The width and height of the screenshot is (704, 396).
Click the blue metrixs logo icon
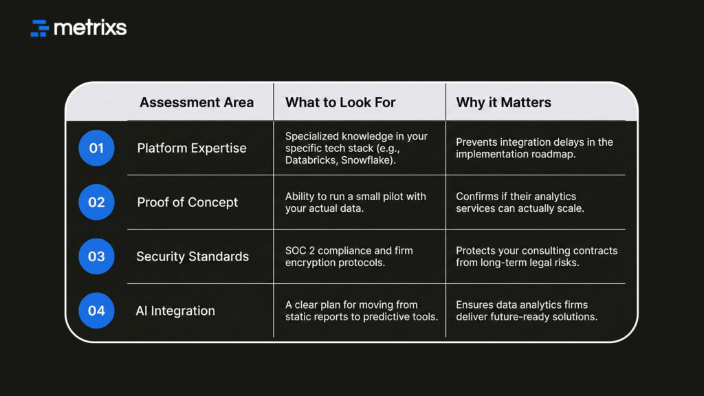(39, 27)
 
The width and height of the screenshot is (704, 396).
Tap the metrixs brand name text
(90, 27)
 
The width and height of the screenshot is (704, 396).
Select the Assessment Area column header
(197, 102)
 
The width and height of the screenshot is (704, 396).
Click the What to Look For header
(340, 102)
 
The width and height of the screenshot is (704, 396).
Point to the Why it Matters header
(503, 102)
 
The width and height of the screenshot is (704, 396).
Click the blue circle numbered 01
(96, 148)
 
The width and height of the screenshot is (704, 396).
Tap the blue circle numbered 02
(96, 202)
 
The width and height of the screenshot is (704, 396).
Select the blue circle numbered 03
(96, 256)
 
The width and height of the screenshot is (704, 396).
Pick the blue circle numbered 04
(96, 311)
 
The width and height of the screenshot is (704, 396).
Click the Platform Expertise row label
(192, 148)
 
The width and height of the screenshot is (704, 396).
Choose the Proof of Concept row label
(187, 203)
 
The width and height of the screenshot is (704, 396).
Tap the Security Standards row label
(192, 256)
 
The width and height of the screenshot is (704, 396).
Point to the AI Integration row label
(175, 311)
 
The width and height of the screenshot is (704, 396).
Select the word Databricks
(310, 160)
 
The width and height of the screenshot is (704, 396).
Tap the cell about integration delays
(534, 148)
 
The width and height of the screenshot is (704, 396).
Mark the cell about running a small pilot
(355, 203)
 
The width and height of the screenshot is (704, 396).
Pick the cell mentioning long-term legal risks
(536, 256)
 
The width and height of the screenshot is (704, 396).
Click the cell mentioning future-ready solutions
(527, 311)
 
